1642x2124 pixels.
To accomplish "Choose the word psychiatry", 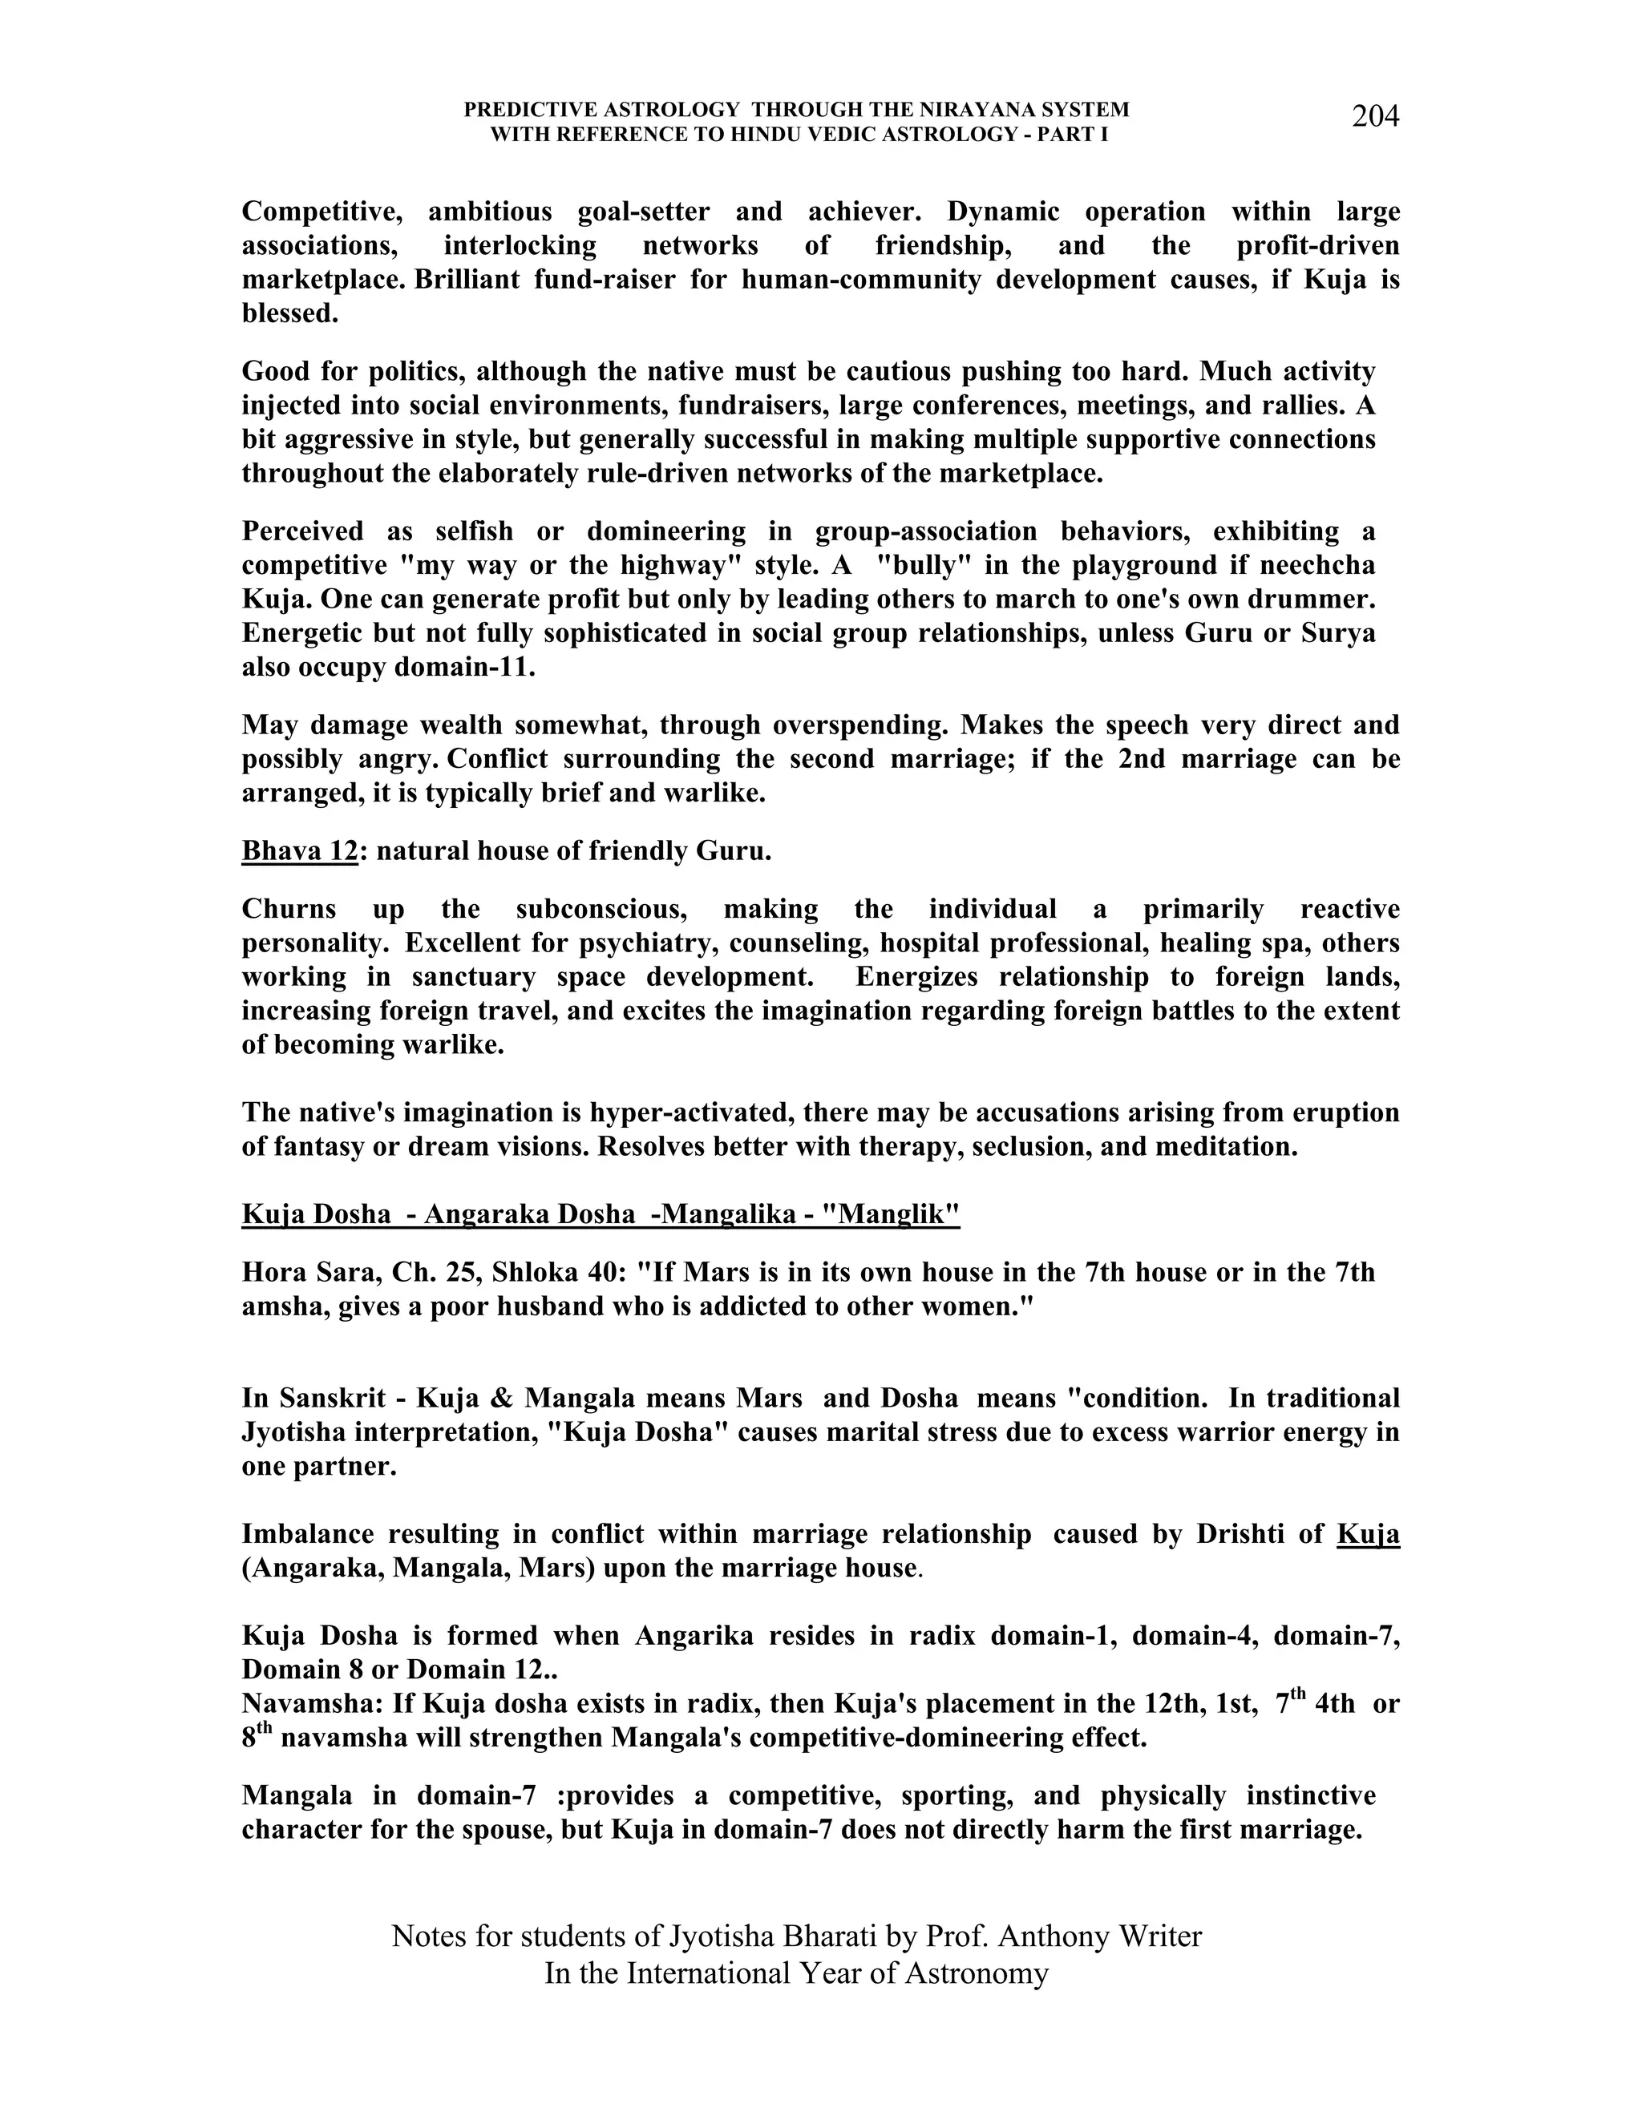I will point(649,943).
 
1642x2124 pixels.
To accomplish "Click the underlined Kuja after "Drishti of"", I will point(1368,1533).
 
